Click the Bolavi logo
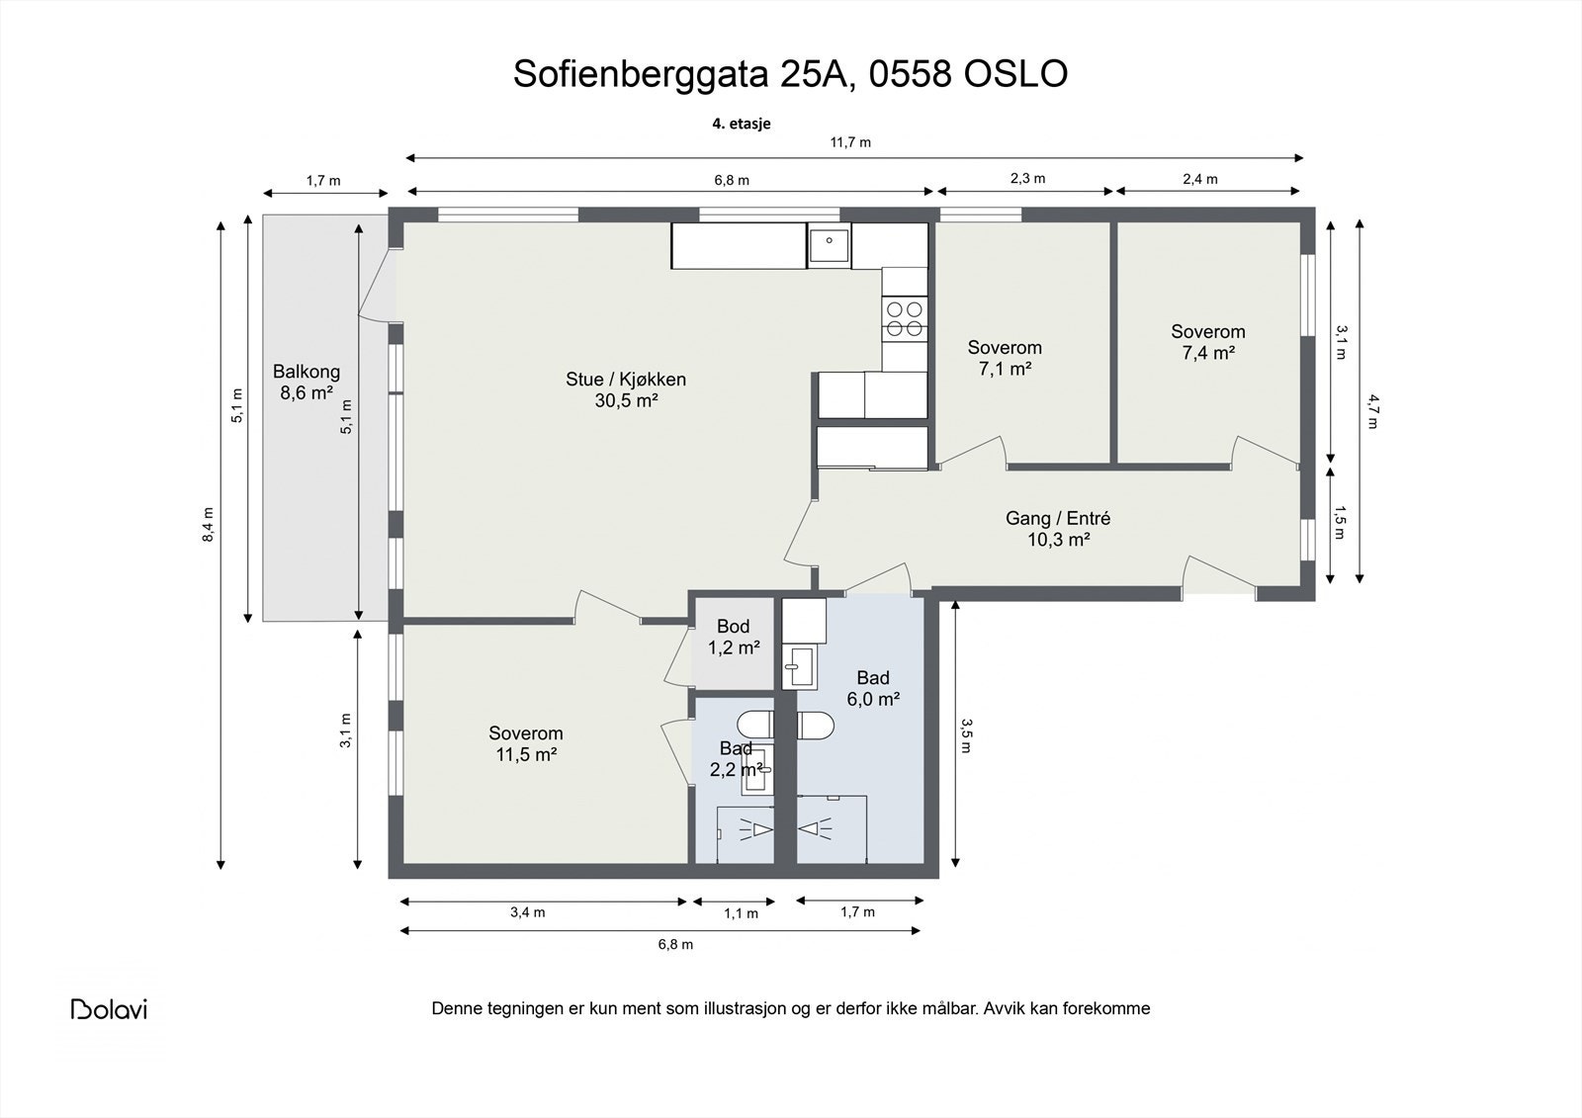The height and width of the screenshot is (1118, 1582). [109, 1009]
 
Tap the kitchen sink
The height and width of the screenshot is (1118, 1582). [830, 245]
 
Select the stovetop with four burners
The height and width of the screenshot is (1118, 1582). [905, 318]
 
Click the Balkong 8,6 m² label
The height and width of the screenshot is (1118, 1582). [307, 383]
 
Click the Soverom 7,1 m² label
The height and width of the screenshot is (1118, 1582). [1005, 358]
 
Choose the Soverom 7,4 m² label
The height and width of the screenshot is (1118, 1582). [1207, 342]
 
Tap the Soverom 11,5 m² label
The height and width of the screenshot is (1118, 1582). [526, 743]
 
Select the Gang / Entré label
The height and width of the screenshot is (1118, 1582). [1058, 518]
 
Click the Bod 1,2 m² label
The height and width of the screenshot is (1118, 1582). [734, 637]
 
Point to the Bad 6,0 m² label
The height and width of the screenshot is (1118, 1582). [873, 689]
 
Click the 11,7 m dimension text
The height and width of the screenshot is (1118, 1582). [850, 142]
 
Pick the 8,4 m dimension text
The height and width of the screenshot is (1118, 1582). [208, 525]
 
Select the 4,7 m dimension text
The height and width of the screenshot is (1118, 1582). [1372, 411]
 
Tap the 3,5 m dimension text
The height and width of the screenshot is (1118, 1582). [966, 735]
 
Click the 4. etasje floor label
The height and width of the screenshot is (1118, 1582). [741, 124]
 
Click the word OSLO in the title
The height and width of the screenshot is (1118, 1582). [1015, 73]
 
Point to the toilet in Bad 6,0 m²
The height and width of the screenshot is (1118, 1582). [816, 726]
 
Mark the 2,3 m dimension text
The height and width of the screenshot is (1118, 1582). [1027, 179]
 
